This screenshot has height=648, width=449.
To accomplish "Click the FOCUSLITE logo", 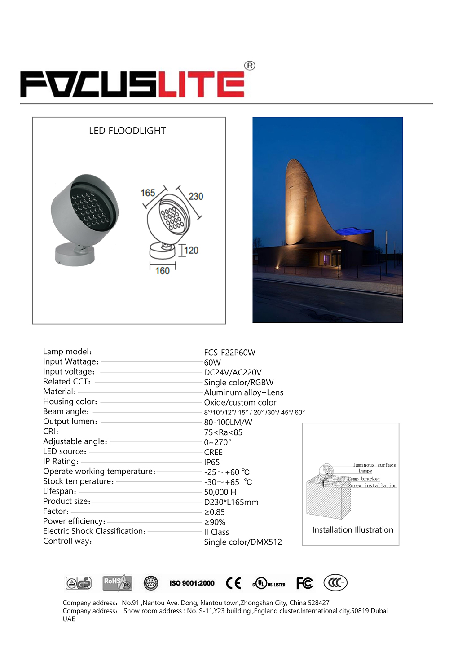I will click(x=132, y=84).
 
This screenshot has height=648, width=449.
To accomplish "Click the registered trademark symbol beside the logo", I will click(x=250, y=66).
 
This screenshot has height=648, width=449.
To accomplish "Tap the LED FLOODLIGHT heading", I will click(x=128, y=131).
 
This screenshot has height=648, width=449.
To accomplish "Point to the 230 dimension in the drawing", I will click(x=196, y=196).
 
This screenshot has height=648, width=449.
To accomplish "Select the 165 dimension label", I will click(x=148, y=193).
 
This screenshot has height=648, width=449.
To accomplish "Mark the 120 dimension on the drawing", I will click(x=191, y=250).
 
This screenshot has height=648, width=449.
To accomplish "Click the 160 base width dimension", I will click(x=163, y=271).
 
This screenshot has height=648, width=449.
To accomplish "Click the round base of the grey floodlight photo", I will click(x=75, y=254).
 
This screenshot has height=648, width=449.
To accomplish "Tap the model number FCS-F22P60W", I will click(x=229, y=353).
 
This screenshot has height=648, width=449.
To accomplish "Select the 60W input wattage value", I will click(x=212, y=362).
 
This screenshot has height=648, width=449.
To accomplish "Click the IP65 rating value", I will click(x=212, y=462).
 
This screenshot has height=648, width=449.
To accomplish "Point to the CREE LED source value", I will click(x=213, y=452).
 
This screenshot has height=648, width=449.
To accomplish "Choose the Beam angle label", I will click(x=66, y=412).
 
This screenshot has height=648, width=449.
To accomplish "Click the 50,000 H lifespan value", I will click(x=220, y=492).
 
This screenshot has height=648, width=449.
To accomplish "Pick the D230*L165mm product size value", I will click(x=231, y=502).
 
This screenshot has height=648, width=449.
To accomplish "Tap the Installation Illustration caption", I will click(x=352, y=530).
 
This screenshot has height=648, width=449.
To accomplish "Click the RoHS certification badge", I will click(x=117, y=583).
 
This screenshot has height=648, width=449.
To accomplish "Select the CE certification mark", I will click(x=233, y=583).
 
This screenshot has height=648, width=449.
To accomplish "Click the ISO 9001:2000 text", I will click(x=192, y=583).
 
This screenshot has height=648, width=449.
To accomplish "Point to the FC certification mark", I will click(x=304, y=583).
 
